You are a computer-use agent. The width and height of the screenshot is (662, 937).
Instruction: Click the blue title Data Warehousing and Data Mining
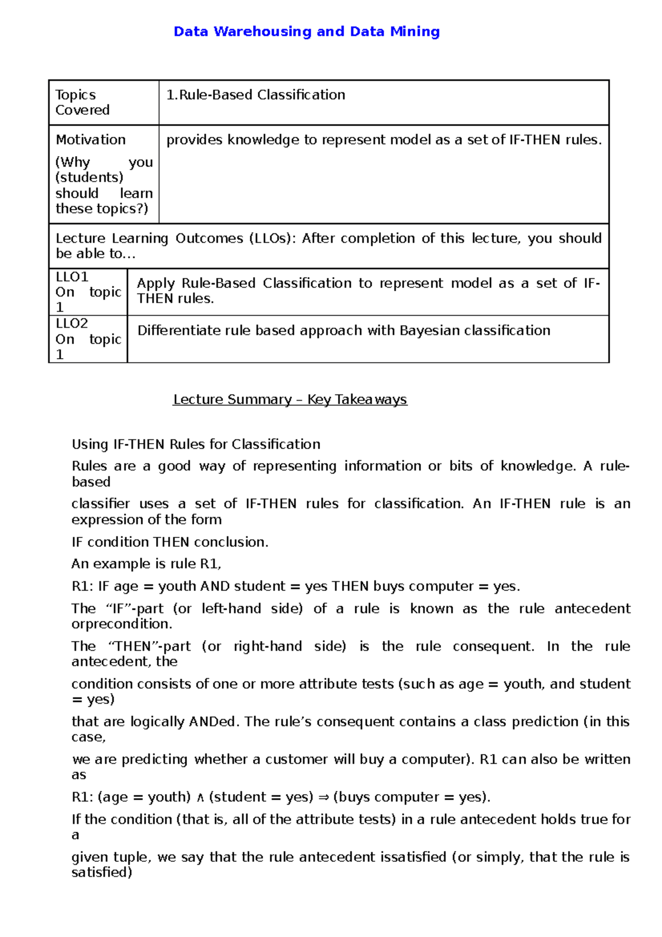click(306, 31)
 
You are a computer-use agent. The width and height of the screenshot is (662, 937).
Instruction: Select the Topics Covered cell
click(82, 102)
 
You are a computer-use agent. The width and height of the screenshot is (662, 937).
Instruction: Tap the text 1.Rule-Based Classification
click(256, 95)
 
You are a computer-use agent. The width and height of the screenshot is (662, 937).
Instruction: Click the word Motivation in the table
click(90, 140)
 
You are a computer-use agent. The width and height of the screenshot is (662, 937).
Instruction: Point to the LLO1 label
click(72, 276)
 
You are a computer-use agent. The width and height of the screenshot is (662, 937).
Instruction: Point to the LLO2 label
click(72, 323)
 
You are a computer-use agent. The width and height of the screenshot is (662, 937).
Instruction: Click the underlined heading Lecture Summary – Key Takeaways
click(290, 400)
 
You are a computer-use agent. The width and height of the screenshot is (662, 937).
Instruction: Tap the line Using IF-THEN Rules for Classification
click(196, 444)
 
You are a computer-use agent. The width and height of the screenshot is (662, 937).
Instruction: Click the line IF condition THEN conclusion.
click(170, 542)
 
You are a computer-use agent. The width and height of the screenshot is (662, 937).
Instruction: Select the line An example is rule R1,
click(146, 564)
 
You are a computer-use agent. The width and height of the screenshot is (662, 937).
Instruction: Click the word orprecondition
click(122, 624)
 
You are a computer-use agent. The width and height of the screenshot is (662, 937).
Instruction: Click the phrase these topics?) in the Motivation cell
click(102, 209)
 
